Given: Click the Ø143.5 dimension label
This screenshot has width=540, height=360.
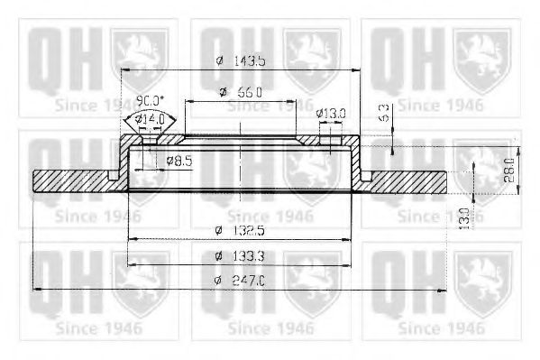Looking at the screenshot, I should pos(240,60).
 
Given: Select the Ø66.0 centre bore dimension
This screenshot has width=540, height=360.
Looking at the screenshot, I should pos(240,93).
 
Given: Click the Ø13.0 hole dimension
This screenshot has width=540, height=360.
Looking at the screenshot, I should pos(330,113).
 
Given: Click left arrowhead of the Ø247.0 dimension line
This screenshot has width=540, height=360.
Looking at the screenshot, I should pos(36,290).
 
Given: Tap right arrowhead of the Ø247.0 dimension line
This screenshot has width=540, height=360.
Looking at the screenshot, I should pos(442,290).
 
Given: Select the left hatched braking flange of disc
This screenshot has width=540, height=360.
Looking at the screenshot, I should pos(72,181).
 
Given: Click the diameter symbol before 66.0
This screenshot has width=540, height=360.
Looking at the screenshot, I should pos(223,93).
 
